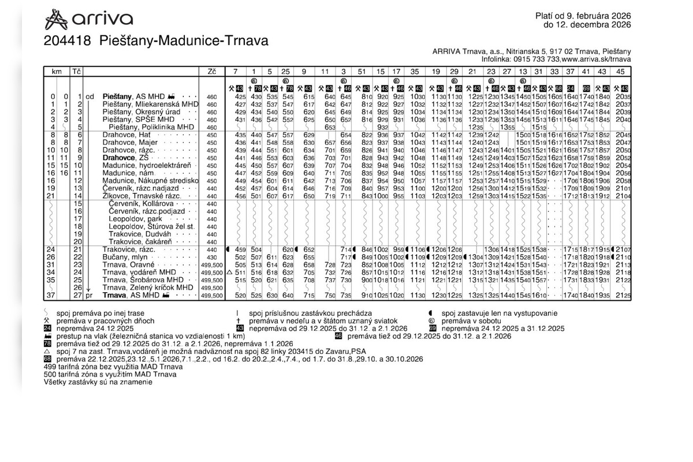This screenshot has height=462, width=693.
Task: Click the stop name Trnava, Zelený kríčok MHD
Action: (147, 287)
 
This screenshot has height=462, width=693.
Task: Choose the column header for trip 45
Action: (621, 72)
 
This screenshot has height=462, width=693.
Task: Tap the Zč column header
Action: (211, 72)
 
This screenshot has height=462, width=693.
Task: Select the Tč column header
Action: (77, 72)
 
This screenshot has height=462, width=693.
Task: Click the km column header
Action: (57, 72)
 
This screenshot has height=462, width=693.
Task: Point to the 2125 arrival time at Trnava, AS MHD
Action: (623, 295)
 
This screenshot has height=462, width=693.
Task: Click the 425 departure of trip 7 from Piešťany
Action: (240, 96)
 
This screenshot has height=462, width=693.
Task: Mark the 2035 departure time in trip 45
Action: (623, 96)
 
